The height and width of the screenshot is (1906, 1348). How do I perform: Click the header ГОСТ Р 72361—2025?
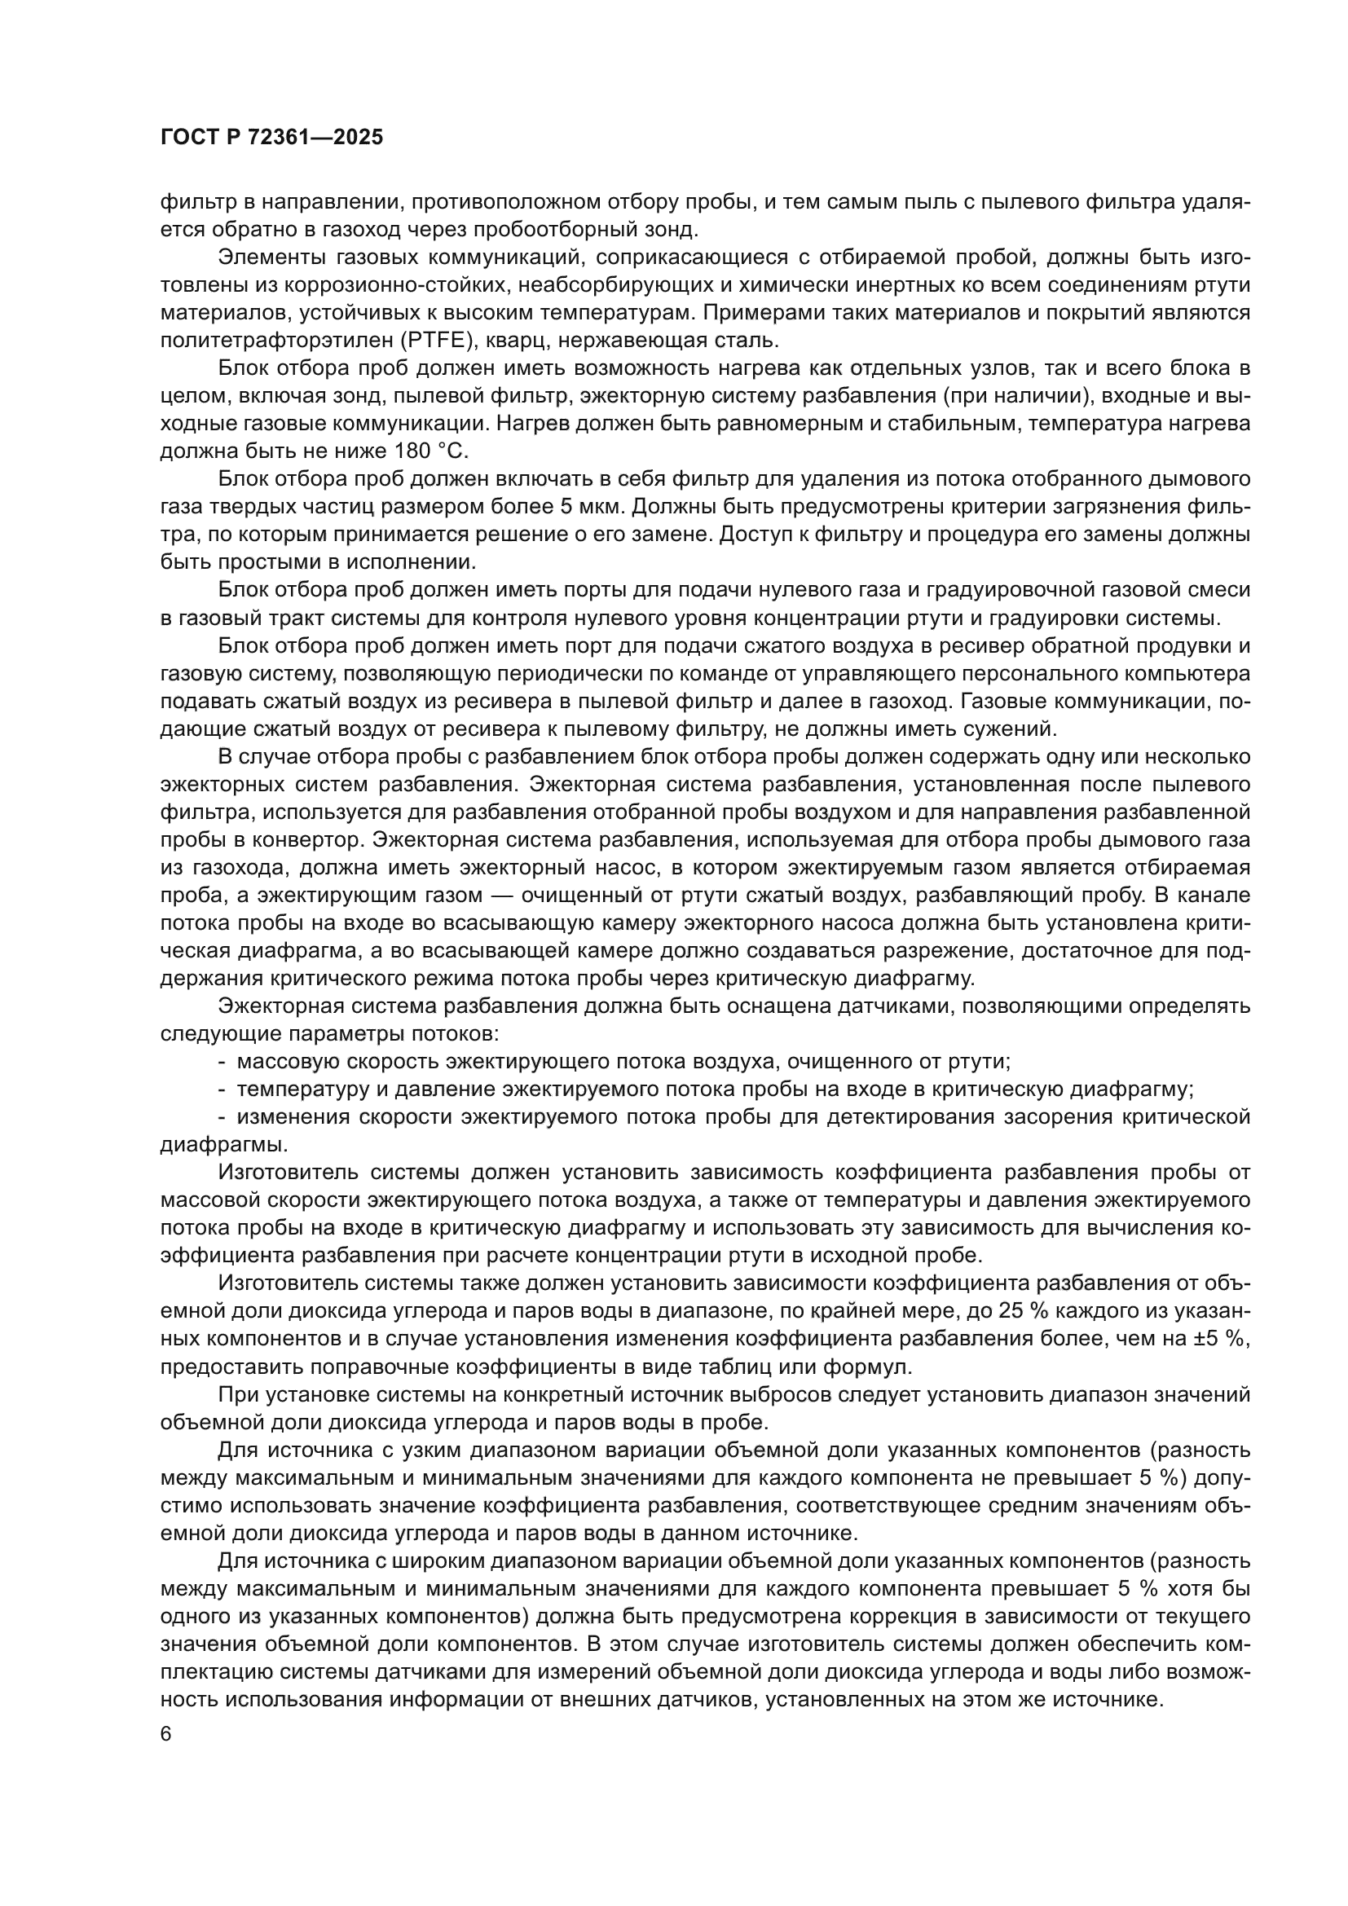click(271, 138)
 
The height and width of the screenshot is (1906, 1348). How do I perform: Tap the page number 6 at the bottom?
click(166, 1735)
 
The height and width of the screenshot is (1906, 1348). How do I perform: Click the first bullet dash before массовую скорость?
click(222, 1061)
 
